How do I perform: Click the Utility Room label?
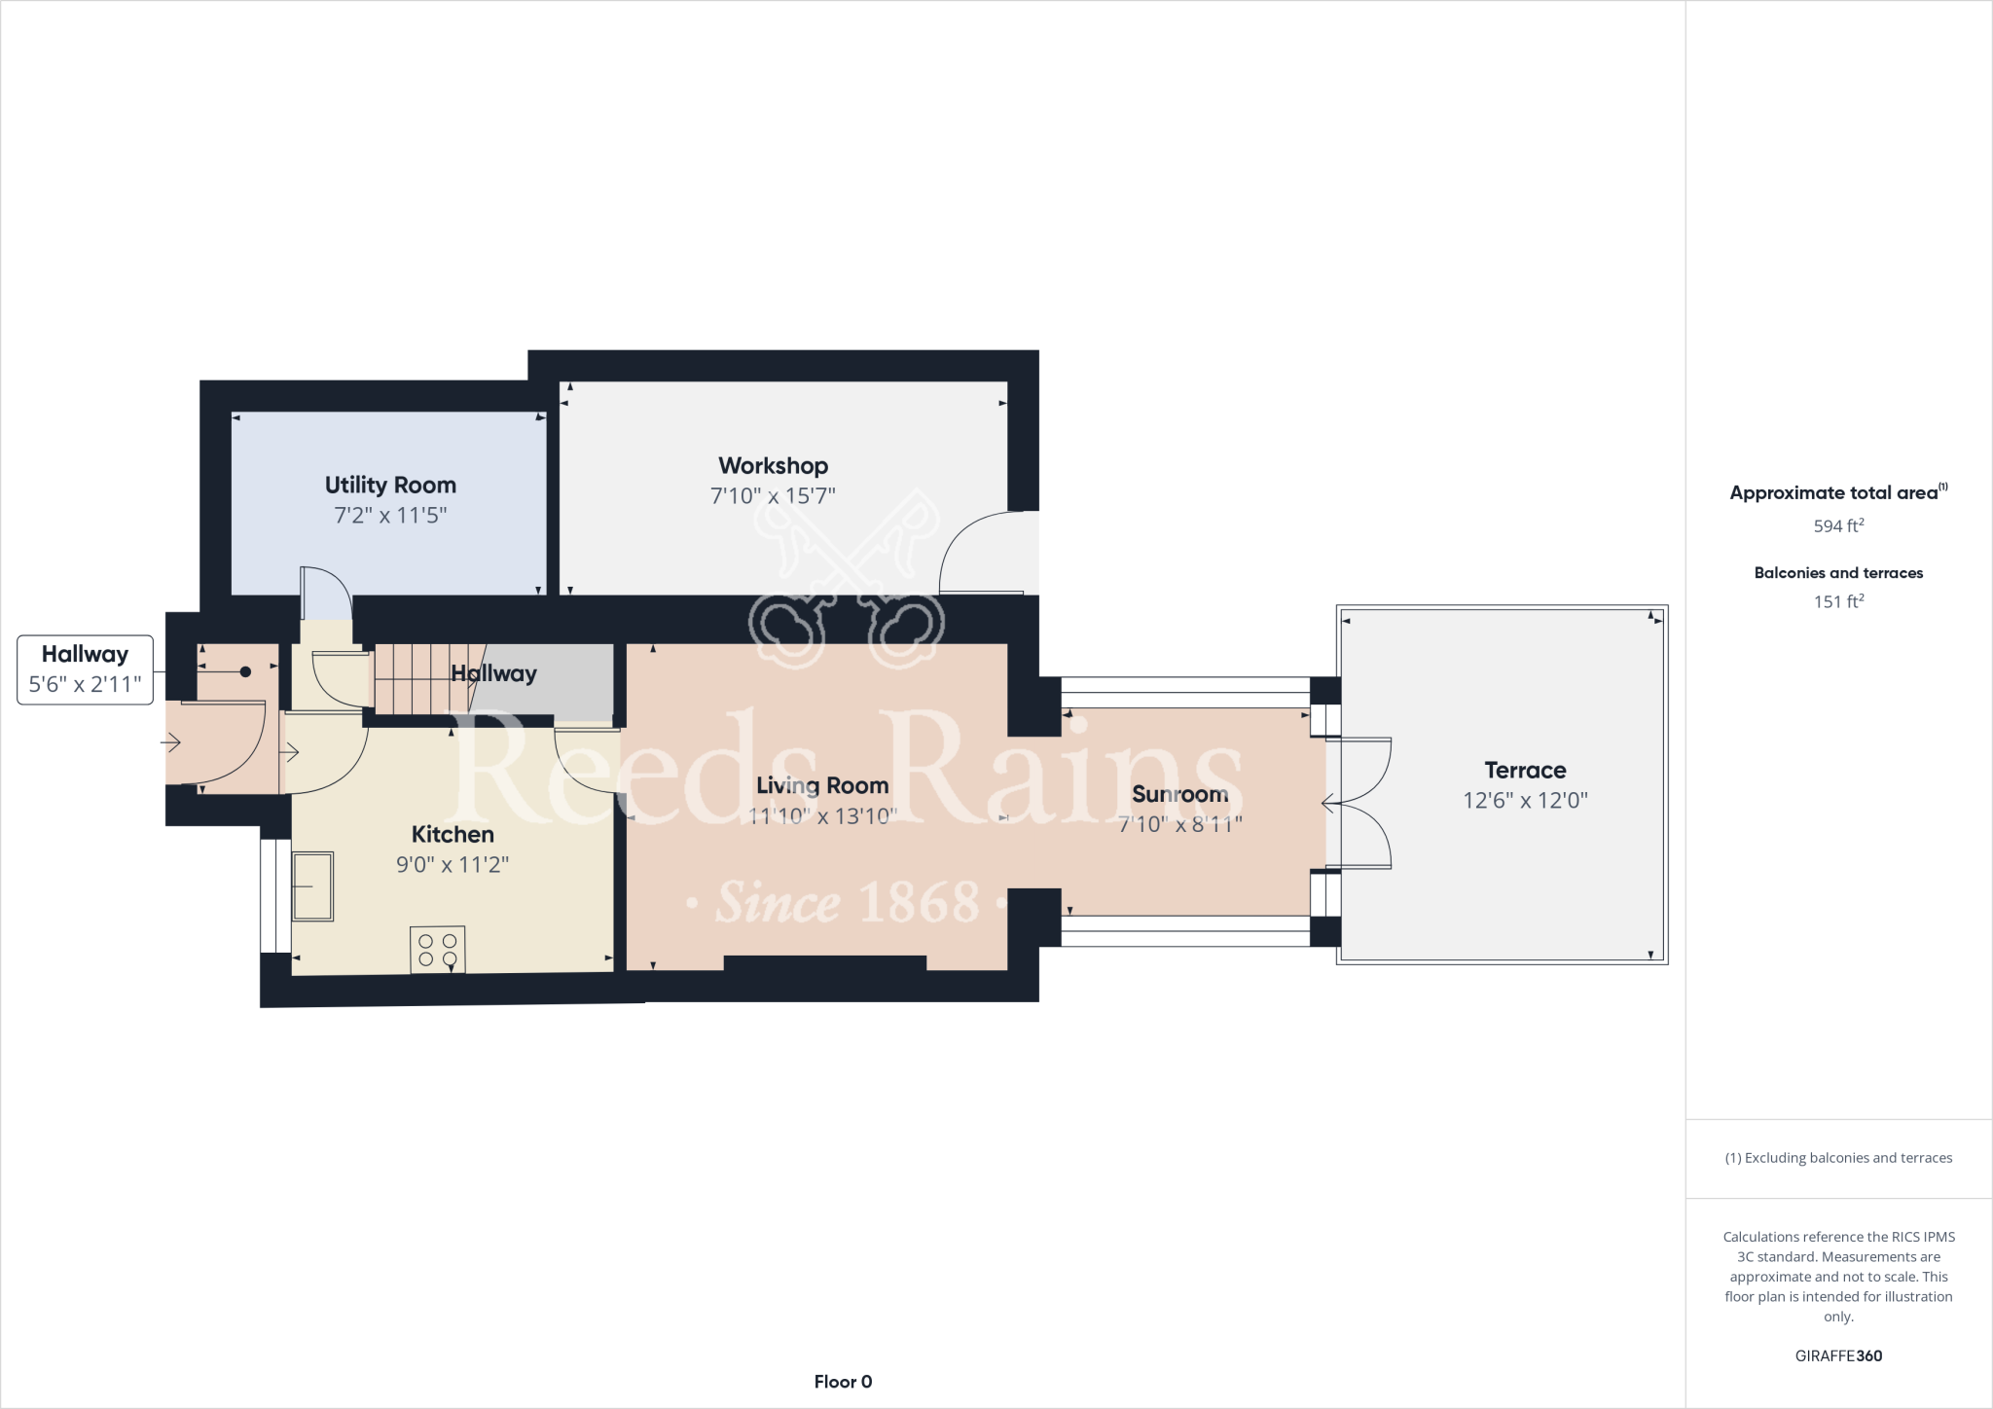[x=390, y=485]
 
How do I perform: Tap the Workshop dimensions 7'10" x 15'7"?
[x=773, y=496]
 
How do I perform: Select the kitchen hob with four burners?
[x=438, y=950]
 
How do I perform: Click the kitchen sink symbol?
[x=312, y=886]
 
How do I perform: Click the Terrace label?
[x=1525, y=771]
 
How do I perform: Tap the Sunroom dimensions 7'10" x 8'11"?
[x=1179, y=824]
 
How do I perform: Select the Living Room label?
[x=822, y=785]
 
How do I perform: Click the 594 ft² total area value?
[x=1838, y=526]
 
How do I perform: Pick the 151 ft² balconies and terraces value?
[x=1838, y=602]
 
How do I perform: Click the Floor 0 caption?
[x=843, y=1382]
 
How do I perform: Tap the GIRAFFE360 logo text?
[x=1838, y=1355]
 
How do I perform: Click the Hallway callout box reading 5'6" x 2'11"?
[x=85, y=669]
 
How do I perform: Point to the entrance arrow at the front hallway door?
[x=171, y=743]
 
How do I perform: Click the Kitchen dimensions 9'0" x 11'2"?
[x=453, y=865]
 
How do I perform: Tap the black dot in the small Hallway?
[x=245, y=671]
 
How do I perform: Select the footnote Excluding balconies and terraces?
[x=1838, y=1158]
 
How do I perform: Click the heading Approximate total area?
[x=1833, y=493]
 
